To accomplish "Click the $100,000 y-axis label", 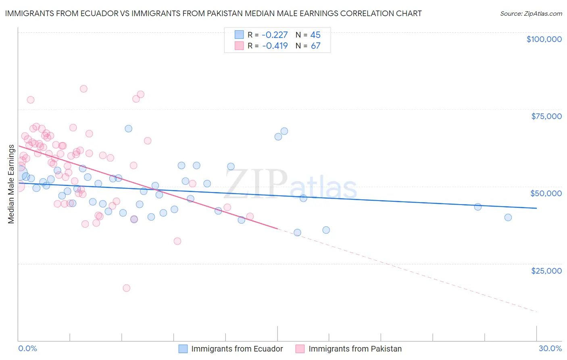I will (x=544, y=39).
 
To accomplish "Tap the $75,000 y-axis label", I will (x=546, y=116).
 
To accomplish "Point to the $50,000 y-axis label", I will (x=546, y=193).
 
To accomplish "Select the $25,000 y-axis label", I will (x=546, y=271).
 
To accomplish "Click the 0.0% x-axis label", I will (x=27, y=348).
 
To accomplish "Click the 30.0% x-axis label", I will (x=550, y=348).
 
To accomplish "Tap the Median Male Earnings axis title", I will (x=11, y=184).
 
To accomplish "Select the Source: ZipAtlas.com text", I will (x=531, y=14).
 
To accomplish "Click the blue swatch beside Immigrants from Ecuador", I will (x=183, y=349).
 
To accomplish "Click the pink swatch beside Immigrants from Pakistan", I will (x=300, y=349).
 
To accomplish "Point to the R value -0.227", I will (x=275, y=35).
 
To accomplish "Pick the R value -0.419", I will (x=275, y=46).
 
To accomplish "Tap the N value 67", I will (x=315, y=46).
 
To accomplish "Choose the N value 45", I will (x=315, y=35).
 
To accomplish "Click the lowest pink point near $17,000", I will (x=126, y=288).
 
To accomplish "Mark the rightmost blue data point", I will (x=508, y=218).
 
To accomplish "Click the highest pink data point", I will (x=83, y=89).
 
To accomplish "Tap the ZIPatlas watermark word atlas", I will (x=323, y=188).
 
